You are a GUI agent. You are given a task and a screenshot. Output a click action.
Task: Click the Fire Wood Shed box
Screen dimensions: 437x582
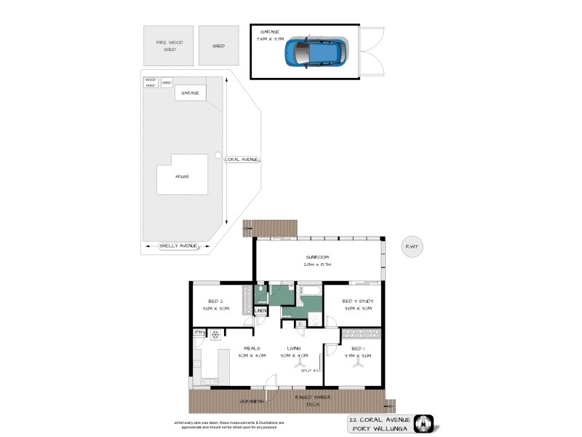click(168, 46)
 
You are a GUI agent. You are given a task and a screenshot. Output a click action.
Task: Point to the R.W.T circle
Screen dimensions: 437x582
click(412, 246)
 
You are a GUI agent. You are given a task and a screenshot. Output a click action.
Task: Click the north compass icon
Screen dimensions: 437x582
click(424, 422)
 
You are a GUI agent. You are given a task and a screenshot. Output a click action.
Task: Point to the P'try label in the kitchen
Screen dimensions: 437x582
click(199, 333)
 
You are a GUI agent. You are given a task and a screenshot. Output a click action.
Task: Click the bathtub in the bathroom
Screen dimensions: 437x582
click(309, 294)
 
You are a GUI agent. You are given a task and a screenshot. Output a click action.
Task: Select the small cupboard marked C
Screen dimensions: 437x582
click(300, 323)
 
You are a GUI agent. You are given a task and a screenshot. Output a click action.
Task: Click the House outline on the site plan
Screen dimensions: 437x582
click(182, 175)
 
